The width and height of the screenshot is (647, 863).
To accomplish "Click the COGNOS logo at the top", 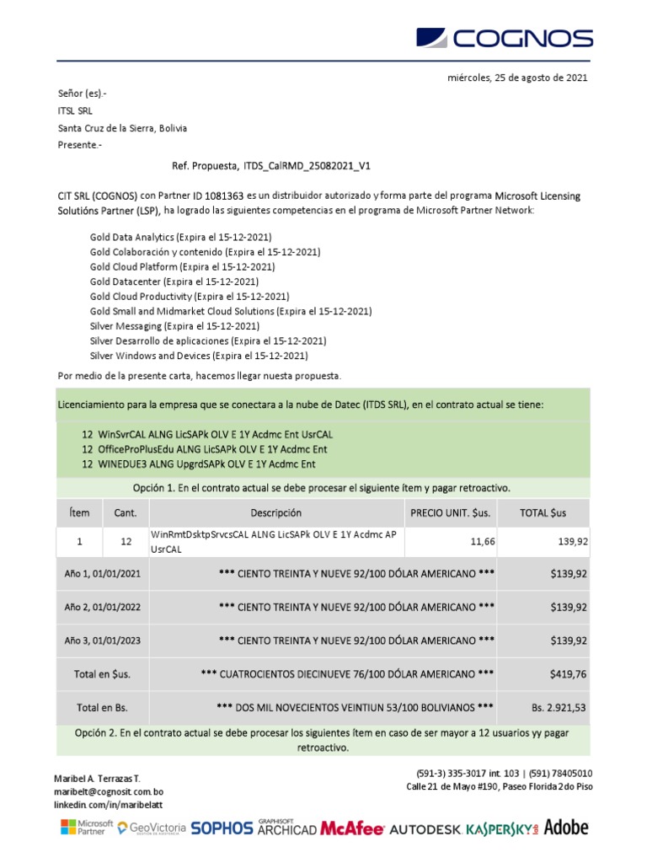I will pos(505,39).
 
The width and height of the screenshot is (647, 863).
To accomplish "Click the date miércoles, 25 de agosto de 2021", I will pos(516,78).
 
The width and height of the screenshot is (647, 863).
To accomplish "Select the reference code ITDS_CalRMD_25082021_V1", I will pos(307,166).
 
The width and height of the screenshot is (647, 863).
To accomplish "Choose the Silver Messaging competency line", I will pos(174,325).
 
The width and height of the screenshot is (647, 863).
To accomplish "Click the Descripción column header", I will pos(275,512).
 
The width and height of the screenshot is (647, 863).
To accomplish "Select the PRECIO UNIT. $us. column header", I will pos(450,512).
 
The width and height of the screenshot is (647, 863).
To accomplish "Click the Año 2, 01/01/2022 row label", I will pos(102,607).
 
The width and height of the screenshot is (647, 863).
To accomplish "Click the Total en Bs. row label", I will pos(102,707).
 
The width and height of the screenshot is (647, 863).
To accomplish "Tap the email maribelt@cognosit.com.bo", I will pos(110,793).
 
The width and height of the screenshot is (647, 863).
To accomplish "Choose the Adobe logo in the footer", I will pos(566,827).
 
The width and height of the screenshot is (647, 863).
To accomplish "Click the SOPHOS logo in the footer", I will pos(222,828).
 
